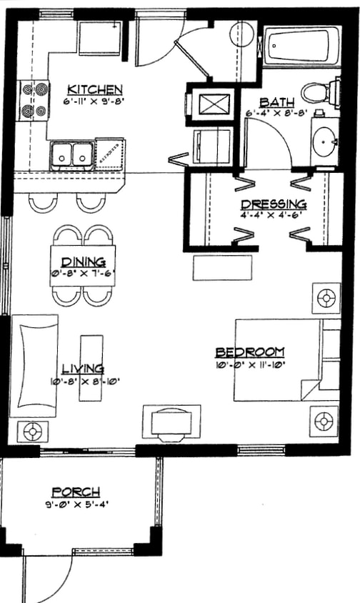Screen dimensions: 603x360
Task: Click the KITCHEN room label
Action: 95,90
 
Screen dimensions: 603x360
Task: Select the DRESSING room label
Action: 274,204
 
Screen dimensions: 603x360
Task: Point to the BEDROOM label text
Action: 250,352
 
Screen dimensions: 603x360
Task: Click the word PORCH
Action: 75,492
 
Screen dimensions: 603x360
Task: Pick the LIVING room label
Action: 82,369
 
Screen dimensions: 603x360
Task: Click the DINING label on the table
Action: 83,261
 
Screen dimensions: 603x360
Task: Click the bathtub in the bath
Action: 299,46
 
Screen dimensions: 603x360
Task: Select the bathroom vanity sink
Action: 325,141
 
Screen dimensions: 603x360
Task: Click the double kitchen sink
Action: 72,154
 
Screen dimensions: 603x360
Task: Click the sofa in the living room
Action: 34,365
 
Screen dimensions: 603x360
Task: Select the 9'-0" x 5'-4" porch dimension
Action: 75,504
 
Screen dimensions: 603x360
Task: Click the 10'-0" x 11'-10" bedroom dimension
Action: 250,364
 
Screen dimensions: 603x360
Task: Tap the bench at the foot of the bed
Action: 222,268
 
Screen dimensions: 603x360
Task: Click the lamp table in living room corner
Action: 32,431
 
